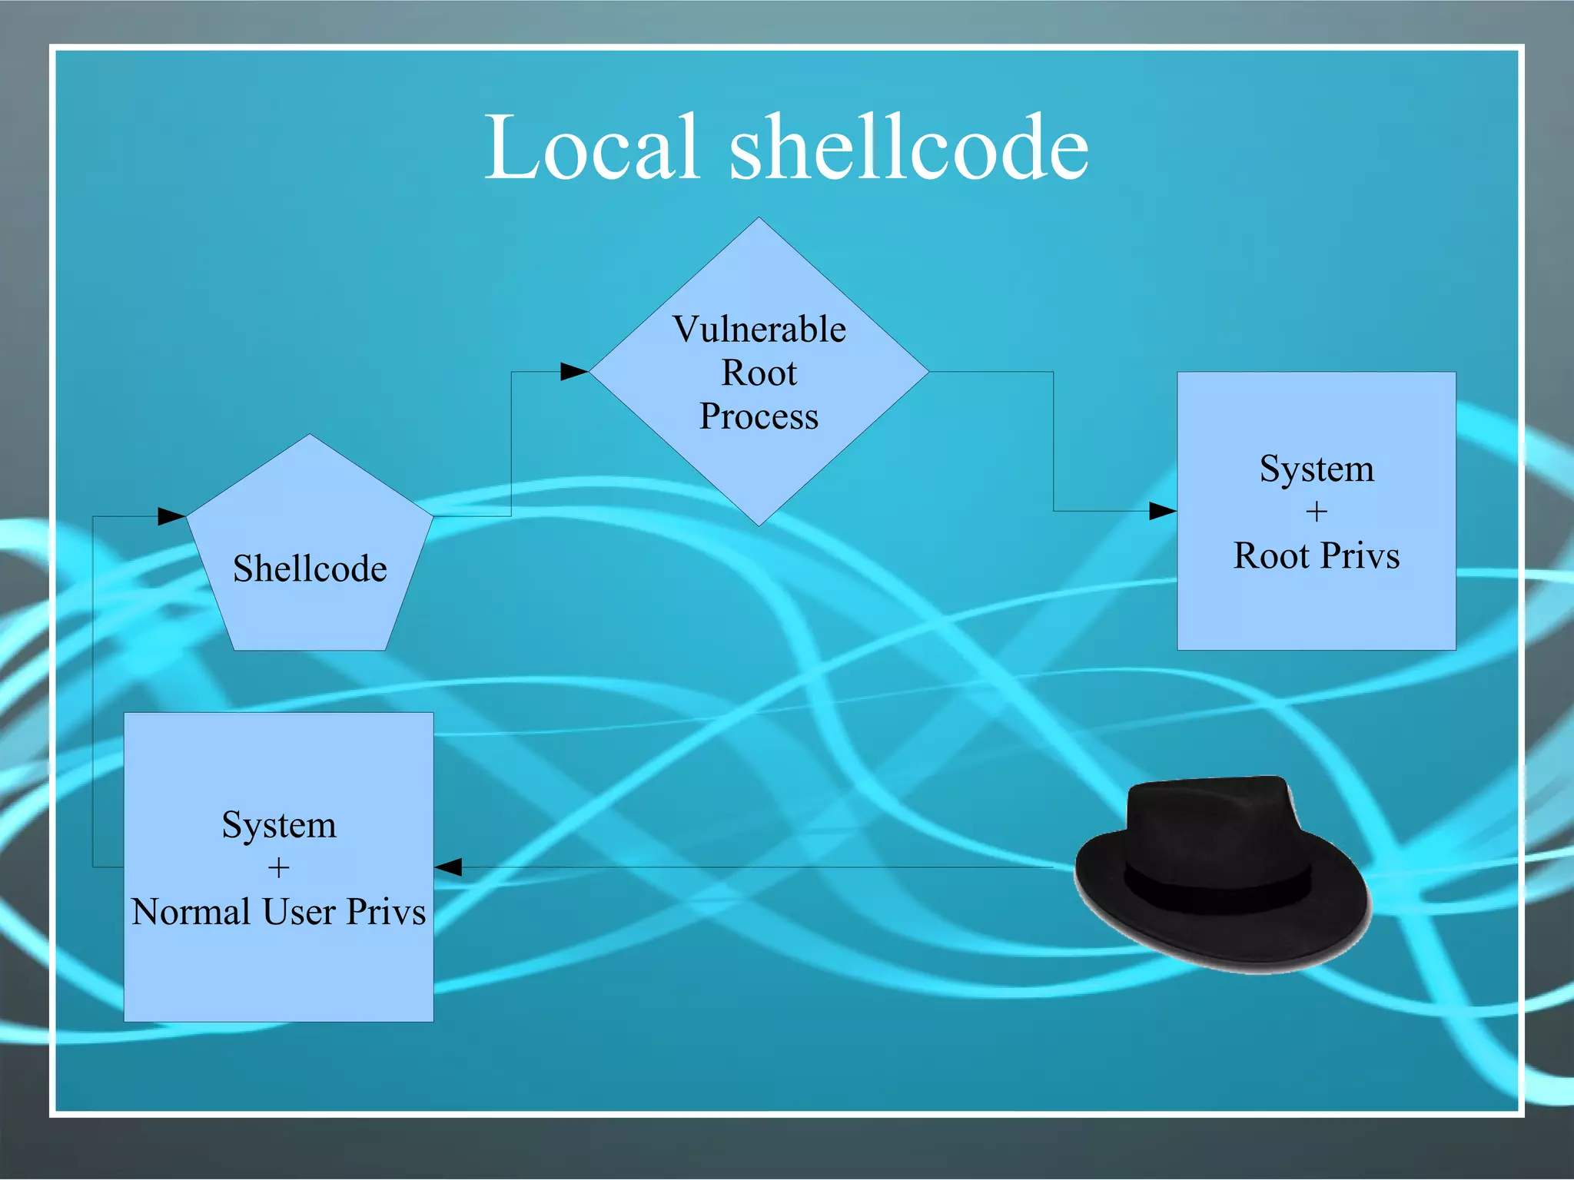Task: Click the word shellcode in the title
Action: (908, 147)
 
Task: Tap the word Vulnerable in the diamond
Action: (759, 330)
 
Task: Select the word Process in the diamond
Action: (759, 417)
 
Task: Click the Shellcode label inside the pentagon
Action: (310, 569)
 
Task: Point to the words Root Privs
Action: (1316, 555)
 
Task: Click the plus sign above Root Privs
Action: (1317, 512)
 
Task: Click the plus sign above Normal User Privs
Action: (278, 868)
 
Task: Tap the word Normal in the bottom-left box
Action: (191, 912)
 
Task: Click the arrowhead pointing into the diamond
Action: (574, 372)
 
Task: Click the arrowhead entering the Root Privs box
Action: (1162, 511)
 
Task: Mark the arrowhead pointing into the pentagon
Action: (171, 516)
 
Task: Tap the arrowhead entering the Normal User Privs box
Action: (449, 867)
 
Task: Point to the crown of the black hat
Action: (1210, 814)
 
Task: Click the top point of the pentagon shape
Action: (310, 436)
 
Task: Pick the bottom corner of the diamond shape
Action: (759, 525)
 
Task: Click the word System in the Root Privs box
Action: (1317, 469)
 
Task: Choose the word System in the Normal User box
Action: (279, 825)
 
